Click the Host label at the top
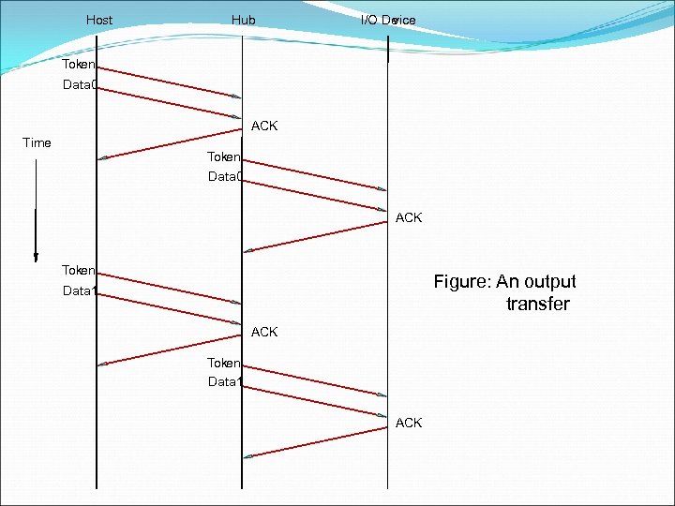[98, 20]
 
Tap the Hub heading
[243, 20]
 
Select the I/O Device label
[388, 20]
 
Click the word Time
[37, 142]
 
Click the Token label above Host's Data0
[78, 65]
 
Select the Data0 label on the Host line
[79, 85]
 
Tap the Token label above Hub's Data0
[224, 156]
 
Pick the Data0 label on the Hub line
[225, 176]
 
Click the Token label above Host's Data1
[78, 270]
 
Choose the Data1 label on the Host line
[79, 290]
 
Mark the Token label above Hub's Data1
[224, 362]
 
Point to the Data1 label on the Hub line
[225, 381]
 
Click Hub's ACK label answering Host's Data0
[264, 126]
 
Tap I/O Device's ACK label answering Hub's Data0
[409, 217]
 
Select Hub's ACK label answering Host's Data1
[264, 332]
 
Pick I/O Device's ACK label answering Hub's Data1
[409, 423]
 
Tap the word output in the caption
[549, 281]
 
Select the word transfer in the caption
[537, 304]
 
